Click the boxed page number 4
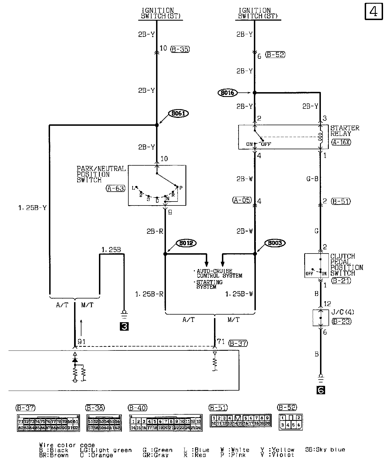(x=373, y=12)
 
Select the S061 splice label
(x=178, y=114)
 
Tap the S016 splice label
(x=228, y=93)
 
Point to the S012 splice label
(x=186, y=243)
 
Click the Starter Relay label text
(x=345, y=131)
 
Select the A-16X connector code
(x=341, y=142)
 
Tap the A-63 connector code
(x=116, y=188)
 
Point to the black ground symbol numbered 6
(x=321, y=390)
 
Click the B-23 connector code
(x=342, y=321)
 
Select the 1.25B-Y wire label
(x=33, y=208)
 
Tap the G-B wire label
(x=312, y=179)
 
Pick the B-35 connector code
(x=180, y=49)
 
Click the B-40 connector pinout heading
(x=138, y=408)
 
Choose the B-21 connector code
(x=341, y=281)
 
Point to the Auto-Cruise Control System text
(x=219, y=273)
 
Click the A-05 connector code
(x=242, y=200)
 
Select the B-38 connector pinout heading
(x=95, y=408)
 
